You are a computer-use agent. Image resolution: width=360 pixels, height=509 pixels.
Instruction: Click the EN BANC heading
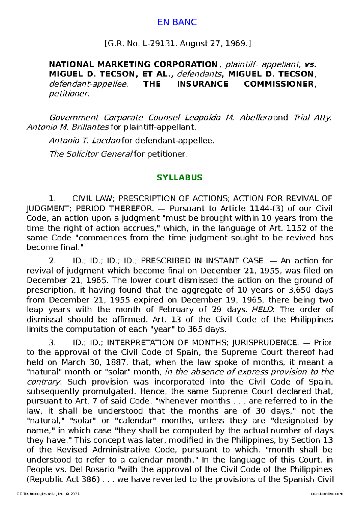point(177,22)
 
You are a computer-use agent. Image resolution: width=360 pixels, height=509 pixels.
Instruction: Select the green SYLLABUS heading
point(179,177)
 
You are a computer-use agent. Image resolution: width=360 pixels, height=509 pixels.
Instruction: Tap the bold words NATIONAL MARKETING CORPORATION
point(133,64)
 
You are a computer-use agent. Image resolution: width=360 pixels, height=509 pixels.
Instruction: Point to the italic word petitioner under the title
point(69,94)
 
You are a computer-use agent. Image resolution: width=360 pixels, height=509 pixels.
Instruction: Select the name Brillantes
point(90,127)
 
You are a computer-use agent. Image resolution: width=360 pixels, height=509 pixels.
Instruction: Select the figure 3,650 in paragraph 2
point(300,290)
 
